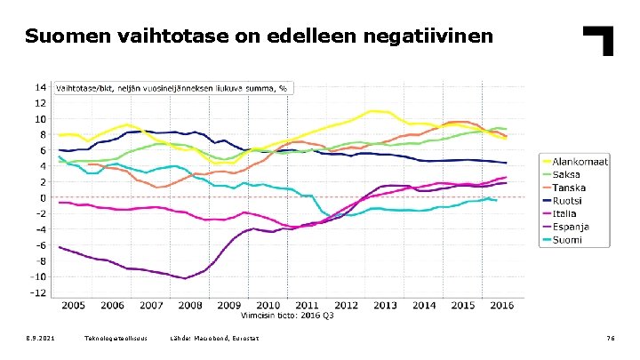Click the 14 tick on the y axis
41,87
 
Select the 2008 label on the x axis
190,306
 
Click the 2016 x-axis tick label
503,306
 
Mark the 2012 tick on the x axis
347,306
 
